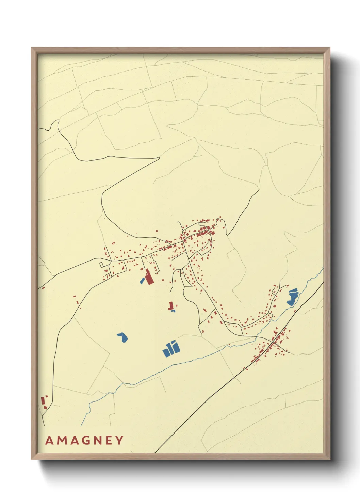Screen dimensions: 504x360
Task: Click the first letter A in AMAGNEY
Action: coord(50,440)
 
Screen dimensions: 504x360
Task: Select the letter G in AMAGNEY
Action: coord(86,440)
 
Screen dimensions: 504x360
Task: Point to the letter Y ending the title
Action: coord(119,440)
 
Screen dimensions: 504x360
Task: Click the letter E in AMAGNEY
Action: coord(109,440)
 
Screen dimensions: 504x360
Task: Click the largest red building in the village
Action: coord(149,277)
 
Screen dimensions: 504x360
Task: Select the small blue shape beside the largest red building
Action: coord(142,281)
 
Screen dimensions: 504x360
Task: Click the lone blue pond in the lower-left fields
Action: coord(122,337)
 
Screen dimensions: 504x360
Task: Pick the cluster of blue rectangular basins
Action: coord(171,349)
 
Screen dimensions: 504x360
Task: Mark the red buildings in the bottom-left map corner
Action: coord(44,403)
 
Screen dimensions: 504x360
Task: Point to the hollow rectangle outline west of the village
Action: coord(101,265)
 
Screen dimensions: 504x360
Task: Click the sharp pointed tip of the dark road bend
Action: coord(159,158)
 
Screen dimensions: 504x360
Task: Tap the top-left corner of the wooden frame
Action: coord(32,48)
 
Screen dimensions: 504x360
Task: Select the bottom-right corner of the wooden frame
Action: coord(329,459)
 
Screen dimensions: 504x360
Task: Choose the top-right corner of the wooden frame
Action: coord(329,48)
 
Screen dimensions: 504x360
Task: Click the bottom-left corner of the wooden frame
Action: coord(32,459)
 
